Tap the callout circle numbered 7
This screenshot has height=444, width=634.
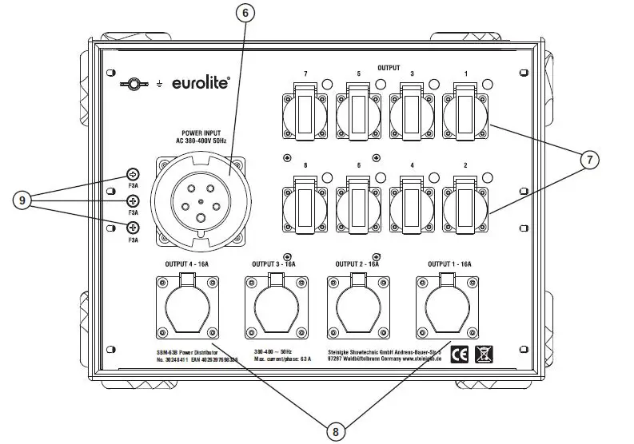(x=588, y=160)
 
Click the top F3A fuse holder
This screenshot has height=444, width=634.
(x=133, y=175)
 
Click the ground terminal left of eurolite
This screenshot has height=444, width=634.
(x=136, y=82)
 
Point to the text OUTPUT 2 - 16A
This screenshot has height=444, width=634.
(x=358, y=264)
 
